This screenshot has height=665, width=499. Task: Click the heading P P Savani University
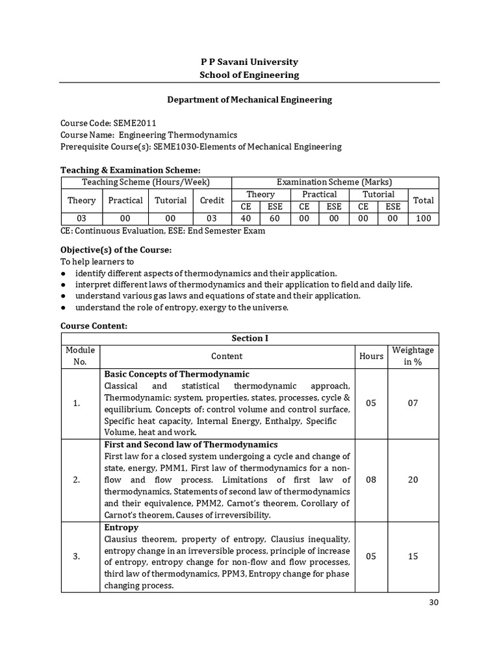(249, 62)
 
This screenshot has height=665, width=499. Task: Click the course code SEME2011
(134, 123)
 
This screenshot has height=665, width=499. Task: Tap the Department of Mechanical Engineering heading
(249, 99)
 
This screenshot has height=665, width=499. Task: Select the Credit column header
(212, 201)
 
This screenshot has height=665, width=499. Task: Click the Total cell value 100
(423, 219)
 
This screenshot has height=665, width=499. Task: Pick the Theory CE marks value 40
(246, 219)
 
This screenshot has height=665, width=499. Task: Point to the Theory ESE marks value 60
(275, 219)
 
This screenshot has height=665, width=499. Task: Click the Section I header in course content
(249, 338)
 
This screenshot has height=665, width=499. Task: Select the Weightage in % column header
(413, 356)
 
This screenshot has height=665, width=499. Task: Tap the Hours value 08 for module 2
(371, 480)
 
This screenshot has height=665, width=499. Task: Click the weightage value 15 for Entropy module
(413, 557)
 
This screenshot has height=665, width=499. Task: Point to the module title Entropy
(122, 527)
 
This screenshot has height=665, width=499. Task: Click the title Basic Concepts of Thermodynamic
(177, 374)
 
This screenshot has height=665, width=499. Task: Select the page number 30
(435, 603)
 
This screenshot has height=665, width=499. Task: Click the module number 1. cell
(77, 403)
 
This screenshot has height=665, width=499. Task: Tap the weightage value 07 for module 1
(413, 403)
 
